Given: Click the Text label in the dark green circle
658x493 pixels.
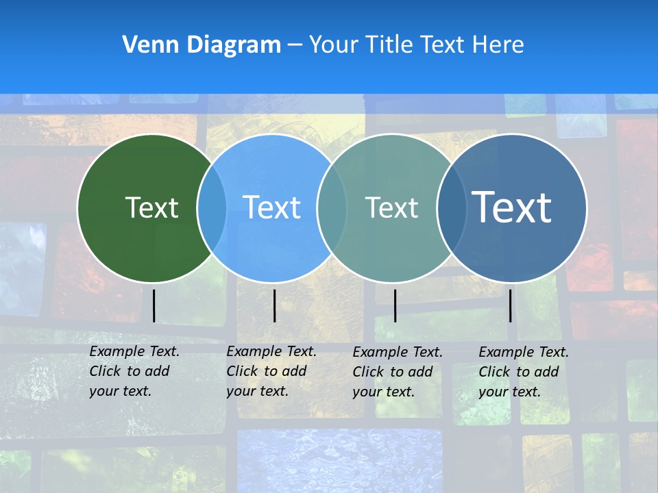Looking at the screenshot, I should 151,207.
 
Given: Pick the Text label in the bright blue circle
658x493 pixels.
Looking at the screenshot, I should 272,207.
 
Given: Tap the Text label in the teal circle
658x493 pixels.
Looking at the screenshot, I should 391,207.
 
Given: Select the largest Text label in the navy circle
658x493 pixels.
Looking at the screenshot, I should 512,207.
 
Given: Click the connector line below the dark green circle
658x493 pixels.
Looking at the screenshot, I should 154,305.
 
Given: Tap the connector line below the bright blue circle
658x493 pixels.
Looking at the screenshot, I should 274,305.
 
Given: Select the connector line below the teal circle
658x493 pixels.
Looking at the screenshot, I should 395,305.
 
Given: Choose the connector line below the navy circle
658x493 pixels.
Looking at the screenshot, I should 510,305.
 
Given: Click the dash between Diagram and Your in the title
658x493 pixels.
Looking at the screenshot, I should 295,46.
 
